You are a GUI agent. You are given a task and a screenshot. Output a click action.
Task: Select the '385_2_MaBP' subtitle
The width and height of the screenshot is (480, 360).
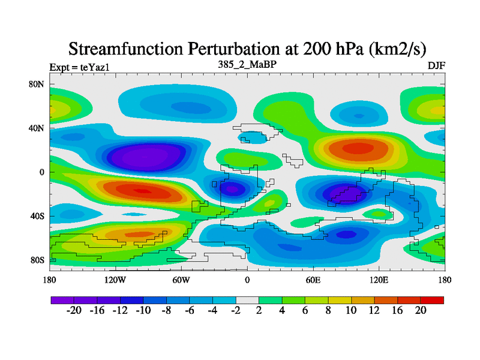click(247, 64)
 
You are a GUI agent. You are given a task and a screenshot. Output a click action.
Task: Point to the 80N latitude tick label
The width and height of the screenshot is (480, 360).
click(37, 84)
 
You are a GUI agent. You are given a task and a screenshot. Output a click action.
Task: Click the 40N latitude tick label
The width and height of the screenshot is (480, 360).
click(37, 128)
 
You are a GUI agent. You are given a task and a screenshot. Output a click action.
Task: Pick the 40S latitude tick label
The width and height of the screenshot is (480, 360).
click(37, 216)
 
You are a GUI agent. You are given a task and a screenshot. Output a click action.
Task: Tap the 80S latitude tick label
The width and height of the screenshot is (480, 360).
click(37, 260)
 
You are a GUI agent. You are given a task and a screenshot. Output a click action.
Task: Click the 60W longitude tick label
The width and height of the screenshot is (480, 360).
click(181, 280)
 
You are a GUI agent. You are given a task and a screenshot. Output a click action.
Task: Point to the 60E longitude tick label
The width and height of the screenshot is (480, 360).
click(313, 280)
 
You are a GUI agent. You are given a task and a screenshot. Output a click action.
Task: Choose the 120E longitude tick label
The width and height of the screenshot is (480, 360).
click(379, 280)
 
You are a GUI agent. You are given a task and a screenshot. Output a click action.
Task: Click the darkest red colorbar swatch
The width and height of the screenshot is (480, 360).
click(432, 299)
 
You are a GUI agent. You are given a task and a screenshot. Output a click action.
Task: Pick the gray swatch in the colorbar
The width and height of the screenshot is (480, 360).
click(247, 299)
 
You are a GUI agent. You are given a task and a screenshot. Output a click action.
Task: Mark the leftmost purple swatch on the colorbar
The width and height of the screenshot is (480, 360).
click(62, 299)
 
